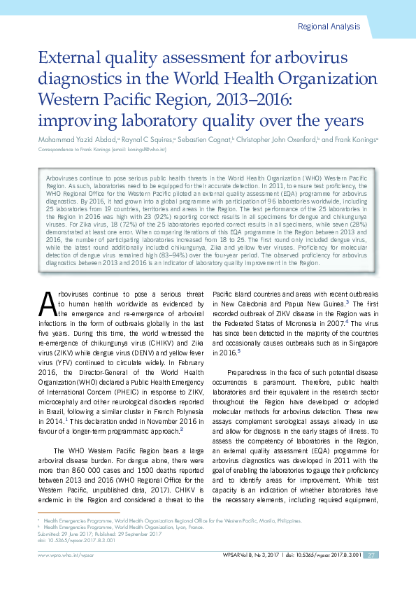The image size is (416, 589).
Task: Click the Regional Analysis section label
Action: (329, 27)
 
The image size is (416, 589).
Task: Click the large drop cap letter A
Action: (46, 322)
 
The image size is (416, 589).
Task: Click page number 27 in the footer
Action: (372, 555)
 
